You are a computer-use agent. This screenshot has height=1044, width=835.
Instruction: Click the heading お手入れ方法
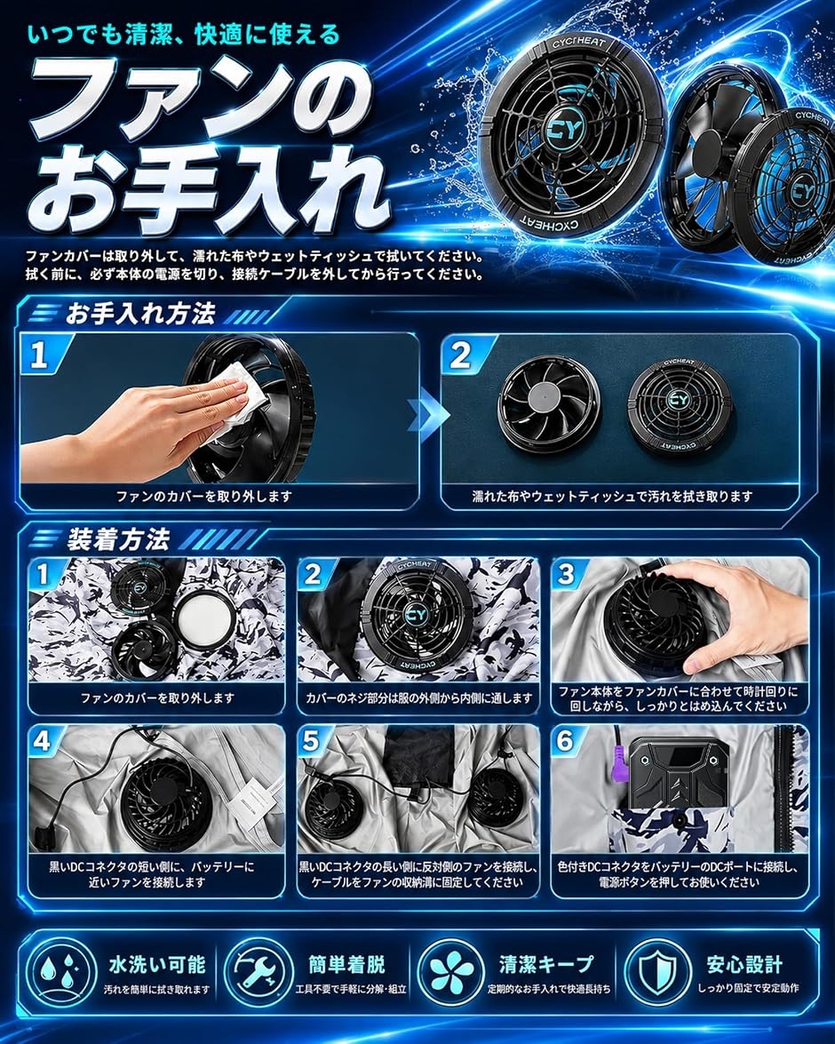140,315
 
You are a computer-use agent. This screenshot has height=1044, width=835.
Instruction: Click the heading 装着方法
118,539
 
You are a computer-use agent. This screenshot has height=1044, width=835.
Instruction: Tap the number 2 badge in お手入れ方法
461,356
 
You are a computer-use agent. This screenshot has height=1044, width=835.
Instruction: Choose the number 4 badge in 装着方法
42,741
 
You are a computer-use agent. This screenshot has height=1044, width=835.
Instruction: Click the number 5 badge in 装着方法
311,741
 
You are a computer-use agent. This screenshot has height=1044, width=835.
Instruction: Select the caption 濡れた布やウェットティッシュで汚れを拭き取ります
613,497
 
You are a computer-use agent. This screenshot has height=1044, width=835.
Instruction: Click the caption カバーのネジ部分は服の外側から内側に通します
418,698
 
